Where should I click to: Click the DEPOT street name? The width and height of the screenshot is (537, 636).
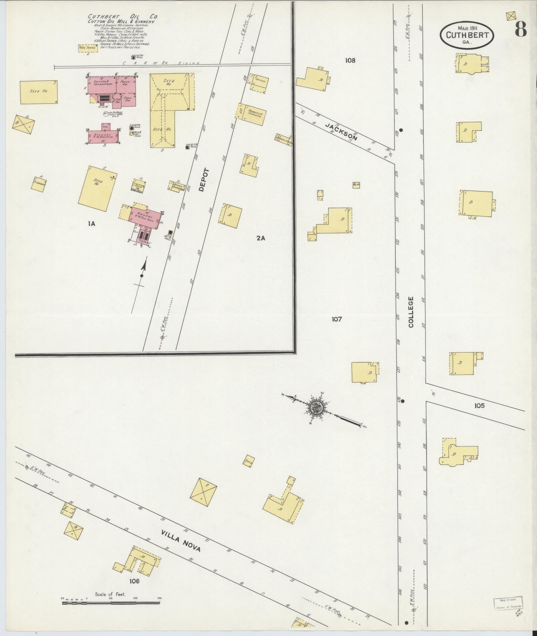(203, 180)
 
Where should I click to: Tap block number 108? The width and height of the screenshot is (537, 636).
(350, 61)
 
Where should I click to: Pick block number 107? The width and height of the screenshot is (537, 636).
(337, 319)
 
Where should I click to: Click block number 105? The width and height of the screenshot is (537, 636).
(479, 406)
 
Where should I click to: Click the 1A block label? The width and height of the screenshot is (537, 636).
(92, 224)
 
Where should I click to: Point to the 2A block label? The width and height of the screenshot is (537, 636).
(261, 238)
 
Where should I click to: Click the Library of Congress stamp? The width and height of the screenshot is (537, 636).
(507, 603)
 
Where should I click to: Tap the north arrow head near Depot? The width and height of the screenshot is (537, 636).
(144, 264)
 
